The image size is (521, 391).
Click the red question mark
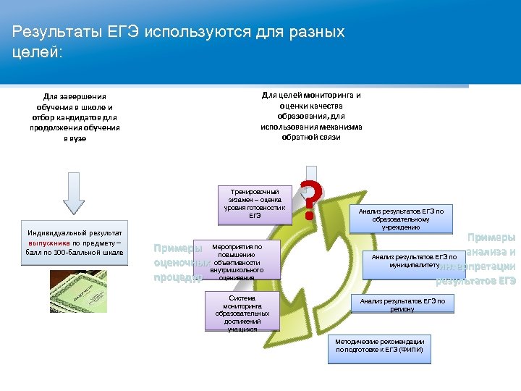pyautogui.click(x=310, y=201)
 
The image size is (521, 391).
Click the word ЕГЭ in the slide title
pyautogui.click(x=128, y=33)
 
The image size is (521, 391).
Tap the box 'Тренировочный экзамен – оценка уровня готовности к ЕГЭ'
pyautogui.click(x=255, y=203)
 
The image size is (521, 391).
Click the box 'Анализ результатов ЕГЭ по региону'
pyautogui.click(x=402, y=304)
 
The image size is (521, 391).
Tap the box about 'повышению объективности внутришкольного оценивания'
pyautogui.click(x=235, y=261)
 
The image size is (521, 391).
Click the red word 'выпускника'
pyautogui.click(x=49, y=243)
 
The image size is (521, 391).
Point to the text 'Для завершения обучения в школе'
pyautogui.click(x=75, y=101)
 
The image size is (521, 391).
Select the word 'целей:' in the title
pyautogui.click(x=38, y=53)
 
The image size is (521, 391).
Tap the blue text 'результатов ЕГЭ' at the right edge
pyautogui.click(x=475, y=280)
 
